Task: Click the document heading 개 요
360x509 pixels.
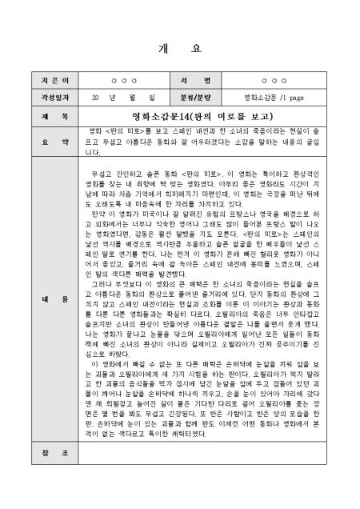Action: coord(180,48)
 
